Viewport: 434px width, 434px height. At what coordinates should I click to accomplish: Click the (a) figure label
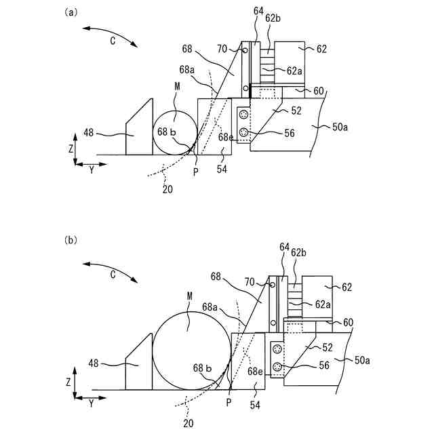point(71,13)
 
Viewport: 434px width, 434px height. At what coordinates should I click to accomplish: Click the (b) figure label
point(71,240)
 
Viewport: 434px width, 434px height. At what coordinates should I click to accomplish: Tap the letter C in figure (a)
point(113,41)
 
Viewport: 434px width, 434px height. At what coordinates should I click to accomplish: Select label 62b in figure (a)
point(273,18)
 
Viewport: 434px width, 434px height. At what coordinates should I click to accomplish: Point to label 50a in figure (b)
point(362,360)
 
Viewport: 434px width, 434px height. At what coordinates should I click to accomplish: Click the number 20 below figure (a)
point(167,189)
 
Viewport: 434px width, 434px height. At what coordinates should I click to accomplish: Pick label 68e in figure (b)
point(255,372)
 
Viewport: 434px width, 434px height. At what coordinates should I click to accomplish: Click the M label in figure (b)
point(190,296)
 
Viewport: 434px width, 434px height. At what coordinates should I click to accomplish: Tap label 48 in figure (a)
point(89,133)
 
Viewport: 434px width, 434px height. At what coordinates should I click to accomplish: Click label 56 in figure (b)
point(324,366)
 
